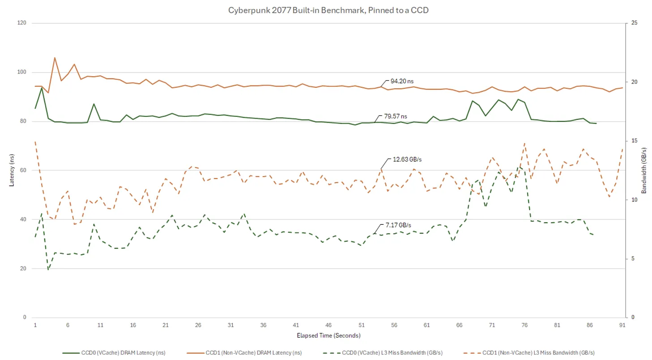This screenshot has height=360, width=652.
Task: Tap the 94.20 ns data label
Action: [x=402, y=81]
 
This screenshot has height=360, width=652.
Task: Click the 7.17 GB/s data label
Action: [x=398, y=225]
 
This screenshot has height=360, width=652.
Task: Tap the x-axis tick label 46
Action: [x=329, y=325]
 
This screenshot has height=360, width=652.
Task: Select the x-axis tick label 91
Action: [x=622, y=325]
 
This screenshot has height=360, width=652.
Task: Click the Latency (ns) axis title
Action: [x=12, y=170]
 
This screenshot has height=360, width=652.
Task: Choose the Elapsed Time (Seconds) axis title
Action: [x=329, y=335]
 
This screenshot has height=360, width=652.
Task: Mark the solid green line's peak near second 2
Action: [x=42, y=87]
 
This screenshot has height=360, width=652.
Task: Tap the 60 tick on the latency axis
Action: [x=24, y=170]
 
